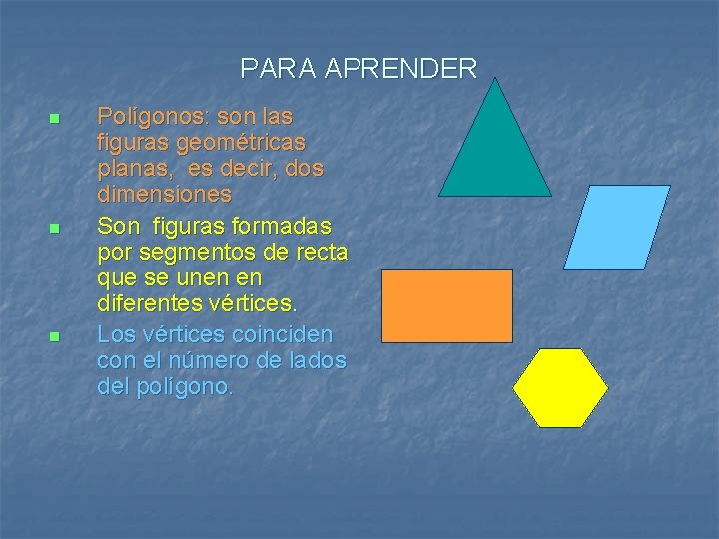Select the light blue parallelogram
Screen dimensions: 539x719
coord(616,228)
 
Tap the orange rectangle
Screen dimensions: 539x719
coord(447,305)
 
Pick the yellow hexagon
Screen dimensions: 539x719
coord(560,388)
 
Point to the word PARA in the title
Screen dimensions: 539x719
coord(279,69)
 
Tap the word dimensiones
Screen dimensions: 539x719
coord(164,193)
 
